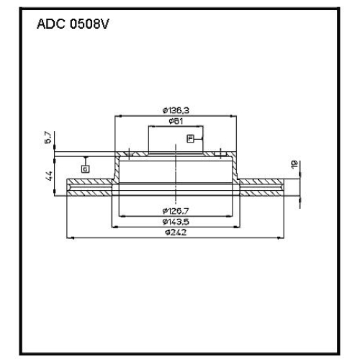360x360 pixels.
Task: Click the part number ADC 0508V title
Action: point(73,24)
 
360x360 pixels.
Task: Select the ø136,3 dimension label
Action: point(176,110)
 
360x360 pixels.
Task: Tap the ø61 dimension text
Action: point(176,121)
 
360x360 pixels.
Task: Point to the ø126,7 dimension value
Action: point(176,211)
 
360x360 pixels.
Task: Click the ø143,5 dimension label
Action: point(176,222)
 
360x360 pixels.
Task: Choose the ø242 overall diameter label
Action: point(176,233)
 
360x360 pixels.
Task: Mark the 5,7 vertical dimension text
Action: point(48,138)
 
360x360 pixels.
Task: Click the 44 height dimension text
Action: point(49,176)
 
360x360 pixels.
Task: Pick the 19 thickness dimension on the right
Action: point(294,164)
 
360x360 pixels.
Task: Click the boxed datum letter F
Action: point(190,139)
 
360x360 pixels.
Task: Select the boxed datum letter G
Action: point(85,169)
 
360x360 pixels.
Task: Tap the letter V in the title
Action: point(104,24)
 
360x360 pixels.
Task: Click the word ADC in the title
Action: point(51,24)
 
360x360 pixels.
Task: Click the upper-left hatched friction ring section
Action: point(90,181)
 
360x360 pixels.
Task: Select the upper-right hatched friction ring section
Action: point(262,181)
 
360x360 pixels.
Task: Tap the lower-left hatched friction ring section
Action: point(89,193)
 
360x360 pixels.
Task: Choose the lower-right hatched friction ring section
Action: point(262,193)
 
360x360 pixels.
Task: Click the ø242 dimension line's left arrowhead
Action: point(70,238)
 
